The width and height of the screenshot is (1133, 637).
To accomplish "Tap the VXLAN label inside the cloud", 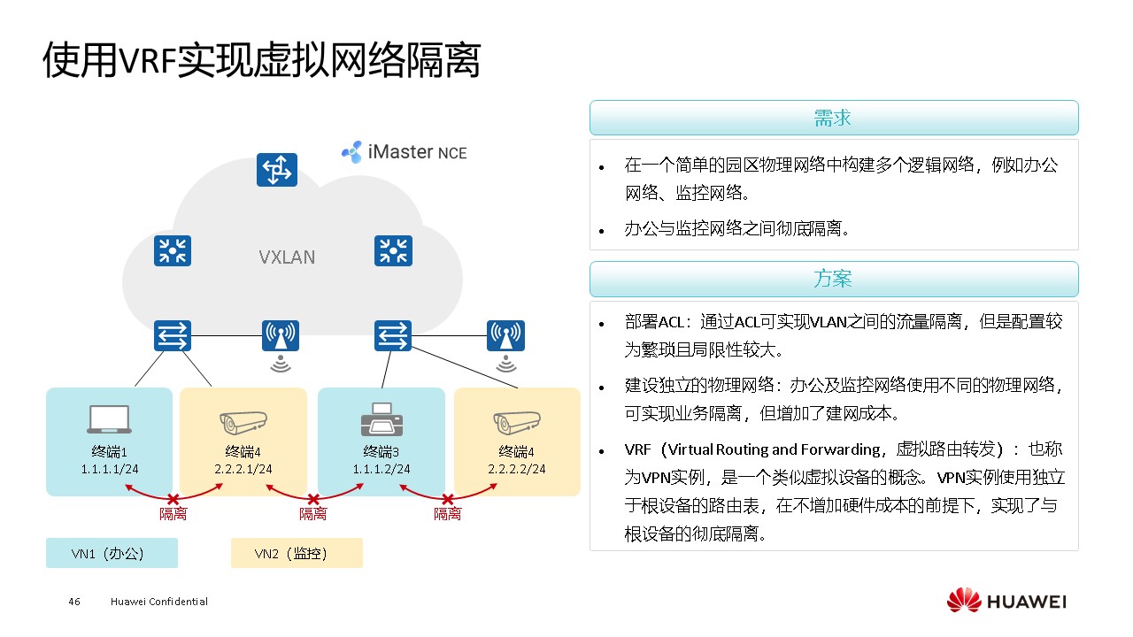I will pyautogui.click(x=287, y=257).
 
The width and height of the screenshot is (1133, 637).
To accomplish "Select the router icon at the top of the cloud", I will pyautogui.click(x=277, y=170).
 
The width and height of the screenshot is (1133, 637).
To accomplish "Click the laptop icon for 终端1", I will pyautogui.click(x=110, y=420).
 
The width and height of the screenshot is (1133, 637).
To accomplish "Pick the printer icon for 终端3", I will pyautogui.click(x=382, y=419).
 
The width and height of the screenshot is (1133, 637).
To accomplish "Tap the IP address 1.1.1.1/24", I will pyautogui.click(x=109, y=469).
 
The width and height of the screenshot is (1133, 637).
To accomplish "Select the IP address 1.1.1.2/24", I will pyautogui.click(x=382, y=469).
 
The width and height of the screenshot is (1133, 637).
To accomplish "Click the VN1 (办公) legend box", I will pyautogui.click(x=112, y=553).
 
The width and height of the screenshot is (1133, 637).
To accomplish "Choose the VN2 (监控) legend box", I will pyautogui.click(x=296, y=553).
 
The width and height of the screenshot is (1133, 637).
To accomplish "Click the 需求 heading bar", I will pyautogui.click(x=833, y=118).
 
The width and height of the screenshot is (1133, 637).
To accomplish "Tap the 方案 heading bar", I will pyautogui.click(x=833, y=279).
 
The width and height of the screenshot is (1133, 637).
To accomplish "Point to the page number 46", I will pyautogui.click(x=74, y=602).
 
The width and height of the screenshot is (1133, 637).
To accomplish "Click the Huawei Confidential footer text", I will pyautogui.click(x=159, y=602).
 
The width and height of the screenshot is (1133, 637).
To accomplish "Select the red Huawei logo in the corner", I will pyautogui.click(x=964, y=601).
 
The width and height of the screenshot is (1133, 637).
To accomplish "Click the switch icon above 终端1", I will pyautogui.click(x=172, y=335).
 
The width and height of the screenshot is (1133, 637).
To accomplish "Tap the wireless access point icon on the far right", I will pyautogui.click(x=505, y=336).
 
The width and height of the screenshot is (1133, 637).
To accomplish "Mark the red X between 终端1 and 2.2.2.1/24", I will pyautogui.click(x=173, y=499).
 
